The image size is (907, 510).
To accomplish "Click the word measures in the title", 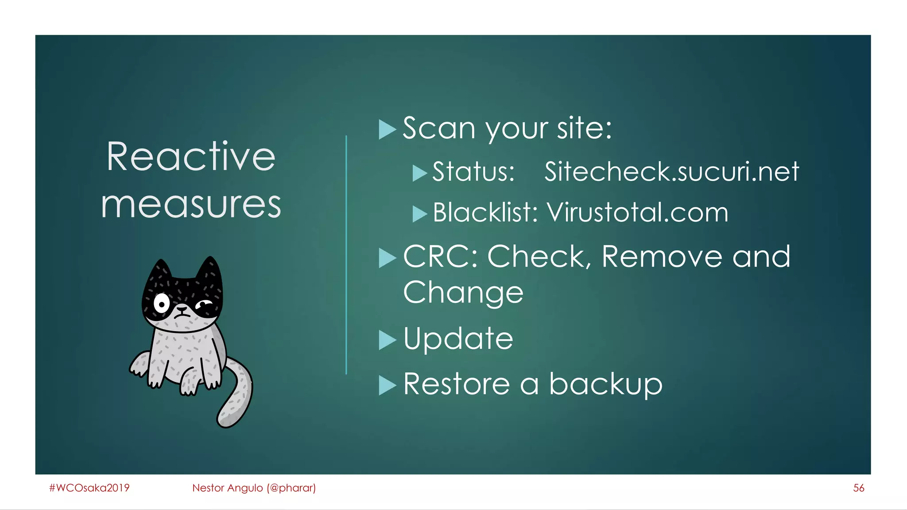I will (191, 205).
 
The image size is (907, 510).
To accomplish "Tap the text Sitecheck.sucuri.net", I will (671, 172).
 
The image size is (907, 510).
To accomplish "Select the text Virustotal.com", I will (637, 212).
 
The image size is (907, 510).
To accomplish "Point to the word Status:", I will (473, 172).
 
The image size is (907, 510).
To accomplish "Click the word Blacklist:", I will (485, 212).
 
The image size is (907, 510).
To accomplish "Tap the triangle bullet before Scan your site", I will (387, 130).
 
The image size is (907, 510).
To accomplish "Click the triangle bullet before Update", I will (387, 340).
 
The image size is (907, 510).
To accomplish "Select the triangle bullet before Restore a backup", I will (387, 385).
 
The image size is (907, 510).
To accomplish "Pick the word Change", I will (463, 293).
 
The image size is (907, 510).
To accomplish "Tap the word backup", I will (605, 384).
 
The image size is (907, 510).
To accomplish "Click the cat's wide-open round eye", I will (162, 304).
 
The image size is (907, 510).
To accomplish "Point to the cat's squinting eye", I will (204, 305).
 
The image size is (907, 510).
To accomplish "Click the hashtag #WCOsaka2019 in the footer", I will (89, 488).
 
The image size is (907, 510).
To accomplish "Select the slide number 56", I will (858, 488).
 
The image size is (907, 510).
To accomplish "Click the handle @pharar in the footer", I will (291, 488).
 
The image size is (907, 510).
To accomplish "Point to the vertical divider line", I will (346, 255).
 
